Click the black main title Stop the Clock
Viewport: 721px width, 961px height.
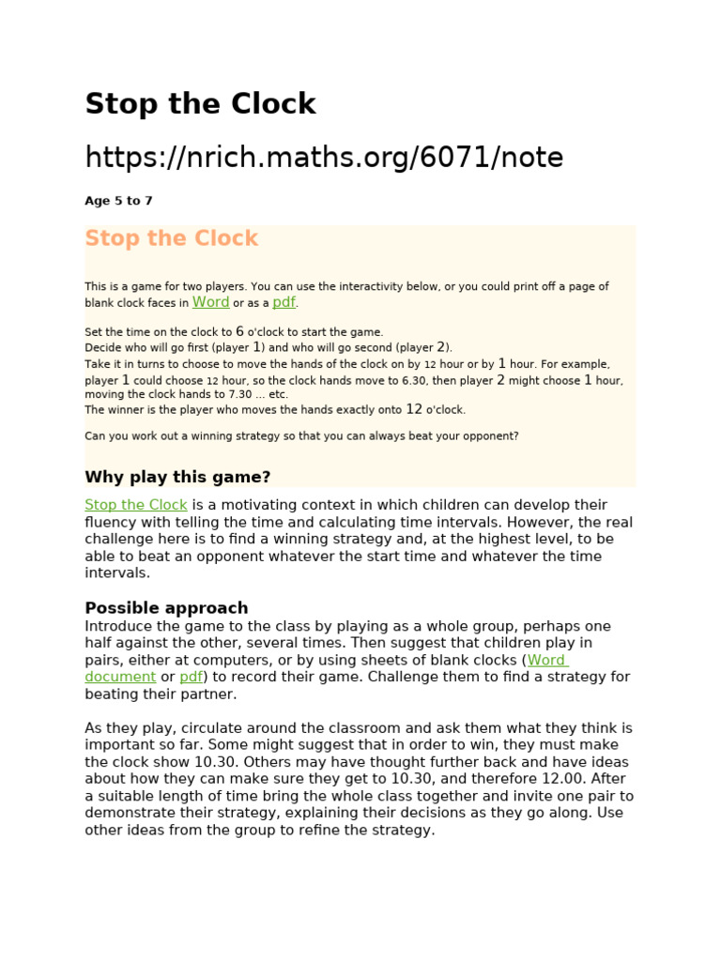pos(200,104)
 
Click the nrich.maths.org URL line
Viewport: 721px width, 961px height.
pos(324,158)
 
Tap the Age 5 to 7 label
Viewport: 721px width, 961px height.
pos(118,201)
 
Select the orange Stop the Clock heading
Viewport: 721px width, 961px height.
pos(171,238)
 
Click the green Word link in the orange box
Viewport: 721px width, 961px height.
pos(210,302)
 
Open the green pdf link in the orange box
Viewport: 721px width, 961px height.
pos(284,302)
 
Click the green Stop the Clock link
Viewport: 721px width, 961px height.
pos(136,505)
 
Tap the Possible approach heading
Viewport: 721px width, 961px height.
pos(166,607)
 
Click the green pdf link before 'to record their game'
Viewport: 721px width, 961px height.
pos(191,677)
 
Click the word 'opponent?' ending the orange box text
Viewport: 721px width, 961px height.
pos(489,435)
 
